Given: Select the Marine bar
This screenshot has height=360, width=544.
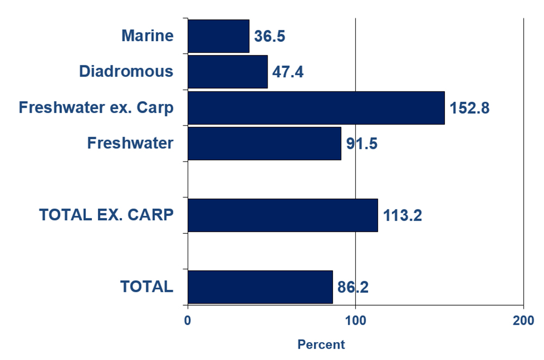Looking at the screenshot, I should [x=218, y=36].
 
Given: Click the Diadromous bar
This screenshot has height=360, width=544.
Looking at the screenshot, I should [x=227, y=72].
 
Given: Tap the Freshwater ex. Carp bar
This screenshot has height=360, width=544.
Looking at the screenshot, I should [x=316, y=108].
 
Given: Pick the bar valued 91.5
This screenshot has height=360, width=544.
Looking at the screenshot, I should [x=264, y=144].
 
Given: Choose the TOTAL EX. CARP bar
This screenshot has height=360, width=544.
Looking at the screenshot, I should [x=282, y=215].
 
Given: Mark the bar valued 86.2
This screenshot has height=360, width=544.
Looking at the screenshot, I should [x=260, y=287].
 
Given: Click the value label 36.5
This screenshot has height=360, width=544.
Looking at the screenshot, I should [x=270, y=36].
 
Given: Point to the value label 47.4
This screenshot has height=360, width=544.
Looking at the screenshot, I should [x=288, y=72].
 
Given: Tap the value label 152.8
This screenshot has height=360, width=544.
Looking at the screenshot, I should [x=469, y=108].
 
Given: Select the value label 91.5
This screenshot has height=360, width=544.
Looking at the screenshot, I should [x=362, y=144].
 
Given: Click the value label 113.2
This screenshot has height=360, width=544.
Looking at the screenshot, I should [x=403, y=216].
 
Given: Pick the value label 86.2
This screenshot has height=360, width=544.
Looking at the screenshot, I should [x=353, y=287].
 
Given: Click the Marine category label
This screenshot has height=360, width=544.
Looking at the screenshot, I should [x=147, y=36].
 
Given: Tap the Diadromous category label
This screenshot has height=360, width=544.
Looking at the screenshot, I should [x=126, y=72].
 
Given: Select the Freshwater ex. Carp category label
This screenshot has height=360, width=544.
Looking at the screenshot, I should [x=96, y=108].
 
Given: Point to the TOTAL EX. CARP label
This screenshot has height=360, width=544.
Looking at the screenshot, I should [x=107, y=215].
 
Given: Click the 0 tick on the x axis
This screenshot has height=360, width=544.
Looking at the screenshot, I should [x=188, y=321].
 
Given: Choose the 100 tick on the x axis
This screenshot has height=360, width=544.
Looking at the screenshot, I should [x=355, y=321].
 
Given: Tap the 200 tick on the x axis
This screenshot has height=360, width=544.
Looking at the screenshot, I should [x=523, y=321].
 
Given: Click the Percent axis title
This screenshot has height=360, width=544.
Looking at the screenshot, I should [x=321, y=345].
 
